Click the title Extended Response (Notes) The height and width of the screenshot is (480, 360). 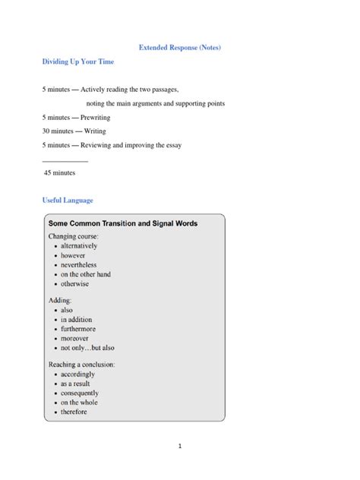click(179, 48)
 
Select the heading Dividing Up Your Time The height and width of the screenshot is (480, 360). click(77, 62)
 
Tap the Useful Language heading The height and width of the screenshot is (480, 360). click(68, 201)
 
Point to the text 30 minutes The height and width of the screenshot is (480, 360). click(58, 131)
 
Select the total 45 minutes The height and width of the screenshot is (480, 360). click(59, 172)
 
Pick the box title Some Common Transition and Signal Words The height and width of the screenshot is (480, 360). click(123, 223)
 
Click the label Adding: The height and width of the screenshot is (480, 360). click(61, 301)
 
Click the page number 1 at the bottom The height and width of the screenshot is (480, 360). click(180, 446)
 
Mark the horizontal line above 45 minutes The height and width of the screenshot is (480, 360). click(65, 160)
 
